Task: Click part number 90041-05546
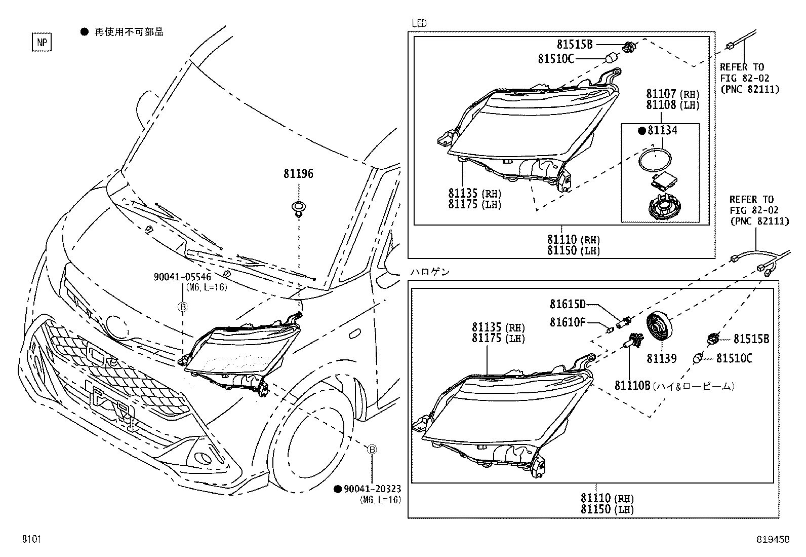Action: [182, 277]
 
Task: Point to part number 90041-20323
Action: [372, 489]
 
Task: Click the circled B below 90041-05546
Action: [183, 307]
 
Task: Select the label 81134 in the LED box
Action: [662, 131]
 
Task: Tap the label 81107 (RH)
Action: [661, 94]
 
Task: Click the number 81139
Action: [661, 359]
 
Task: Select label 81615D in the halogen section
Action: [567, 304]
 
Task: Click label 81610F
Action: [567, 322]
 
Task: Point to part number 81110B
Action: [632, 386]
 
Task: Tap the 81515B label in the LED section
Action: [575, 44]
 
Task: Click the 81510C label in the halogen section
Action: [734, 359]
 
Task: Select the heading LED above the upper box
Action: [419, 23]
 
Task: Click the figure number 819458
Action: [773, 540]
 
